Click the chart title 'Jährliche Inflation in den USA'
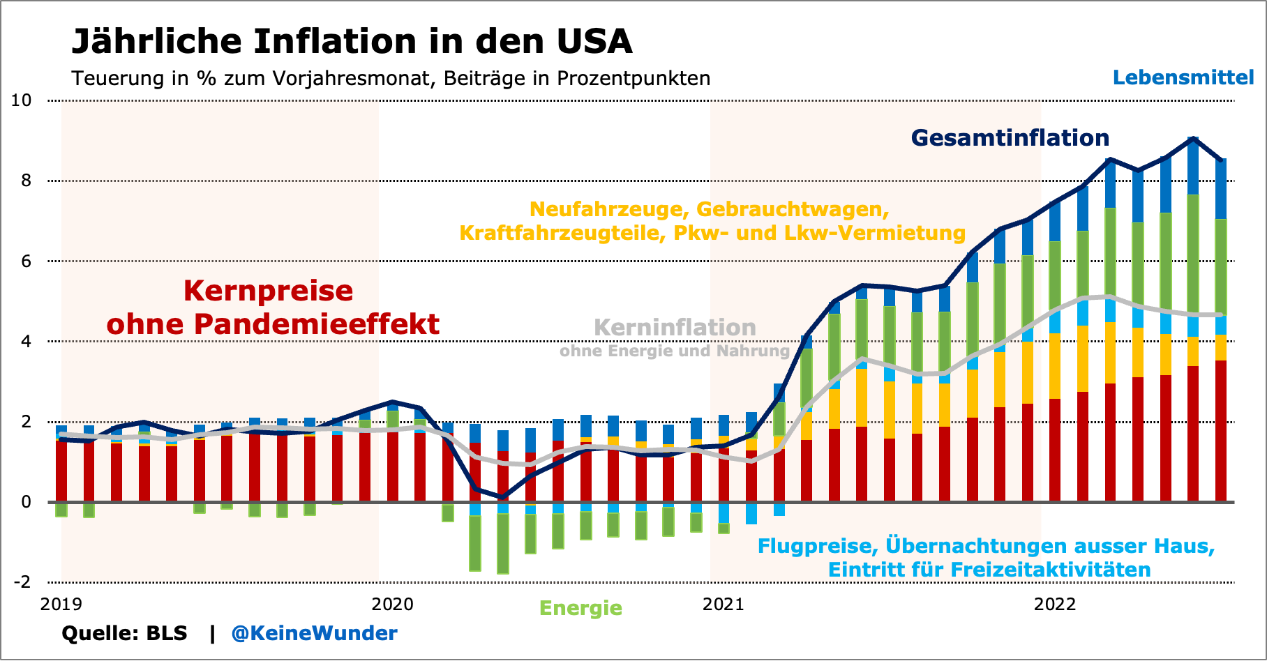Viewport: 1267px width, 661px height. point(352,42)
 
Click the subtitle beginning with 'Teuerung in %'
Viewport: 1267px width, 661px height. point(391,78)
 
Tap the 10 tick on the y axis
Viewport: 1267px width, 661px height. point(22,100)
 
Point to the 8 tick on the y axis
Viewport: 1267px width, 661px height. point(27,181)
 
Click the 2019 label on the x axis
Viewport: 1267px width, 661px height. point(61,604)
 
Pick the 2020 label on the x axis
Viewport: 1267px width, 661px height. point(392,604)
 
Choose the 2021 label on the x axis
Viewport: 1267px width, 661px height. point(724,604)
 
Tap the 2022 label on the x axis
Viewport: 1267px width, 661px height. point(1055,604)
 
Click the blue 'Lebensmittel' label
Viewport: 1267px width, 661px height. point(1183,77)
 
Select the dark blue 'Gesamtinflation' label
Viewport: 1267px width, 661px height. point(1010,138)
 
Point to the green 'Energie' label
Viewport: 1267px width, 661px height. point(580,608)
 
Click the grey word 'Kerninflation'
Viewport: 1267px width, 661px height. point(675,328)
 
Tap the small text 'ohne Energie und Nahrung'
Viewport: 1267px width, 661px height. point(675,351)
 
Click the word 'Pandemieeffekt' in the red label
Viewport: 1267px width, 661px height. point(316,324)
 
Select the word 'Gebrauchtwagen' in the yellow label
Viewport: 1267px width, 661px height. point(793,209)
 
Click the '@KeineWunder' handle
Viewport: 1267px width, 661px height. point(314,633)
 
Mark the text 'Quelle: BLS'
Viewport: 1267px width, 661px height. point(124,633)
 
